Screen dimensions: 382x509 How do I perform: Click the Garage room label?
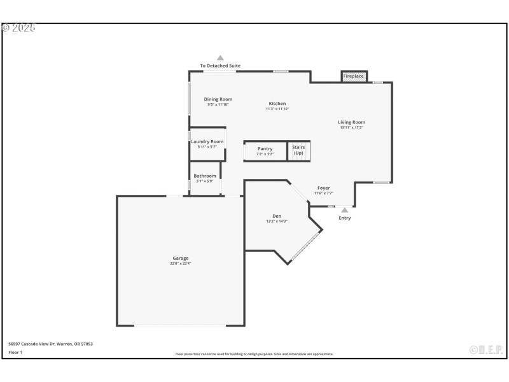[x=180, y=258]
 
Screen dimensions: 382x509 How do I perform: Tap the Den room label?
[x=277, y=216]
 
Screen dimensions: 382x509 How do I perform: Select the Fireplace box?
[x=354, y=76]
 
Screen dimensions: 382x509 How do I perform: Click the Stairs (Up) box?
[x=298, y=150]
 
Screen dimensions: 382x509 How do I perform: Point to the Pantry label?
[x=265, y=148]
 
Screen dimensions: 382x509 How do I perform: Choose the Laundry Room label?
[x=207, y=141]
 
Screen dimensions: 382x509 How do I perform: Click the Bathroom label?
[x=205, y=176]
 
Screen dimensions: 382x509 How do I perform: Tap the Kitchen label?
[x=277, y=103]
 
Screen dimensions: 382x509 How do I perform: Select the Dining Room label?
[x=218, y=99]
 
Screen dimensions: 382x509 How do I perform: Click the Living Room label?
[x=351, y=122]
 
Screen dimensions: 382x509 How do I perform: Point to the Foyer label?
[x=324, y=188]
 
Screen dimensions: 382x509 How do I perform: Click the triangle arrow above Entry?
[x=344, y=209]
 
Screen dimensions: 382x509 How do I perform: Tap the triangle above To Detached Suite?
[x=220, y=58]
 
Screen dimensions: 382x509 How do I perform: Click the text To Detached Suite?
[x=220, y=66]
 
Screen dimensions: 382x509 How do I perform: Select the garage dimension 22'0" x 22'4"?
[x=180, y=264]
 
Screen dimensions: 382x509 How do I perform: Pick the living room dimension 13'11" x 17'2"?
[x=351, y=127]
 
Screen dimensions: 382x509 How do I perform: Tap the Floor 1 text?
[x=15, y=352]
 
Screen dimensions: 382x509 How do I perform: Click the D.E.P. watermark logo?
[x=486, y=350]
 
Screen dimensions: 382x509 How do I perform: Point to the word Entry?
[x=344, y=218]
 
